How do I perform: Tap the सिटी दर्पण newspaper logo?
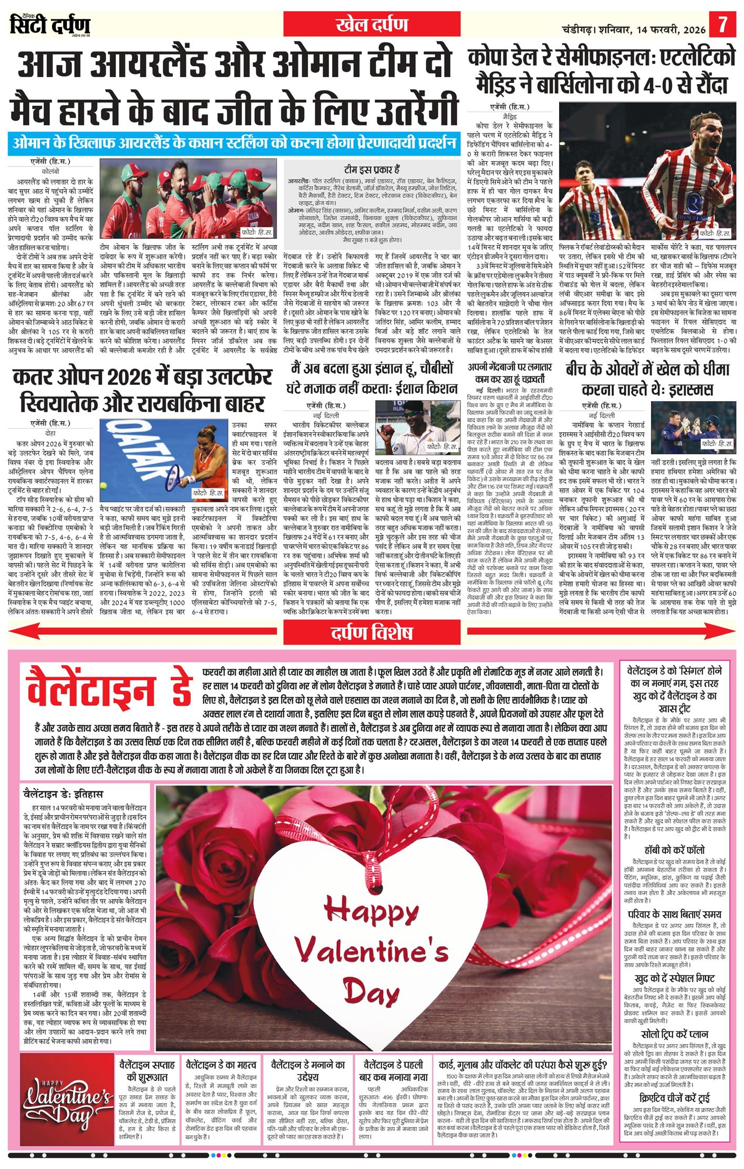pos(50,25)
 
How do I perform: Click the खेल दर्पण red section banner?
pos(371,25)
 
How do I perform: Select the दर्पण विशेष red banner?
pos(371,633)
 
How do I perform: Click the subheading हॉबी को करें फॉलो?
pos(674,849)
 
